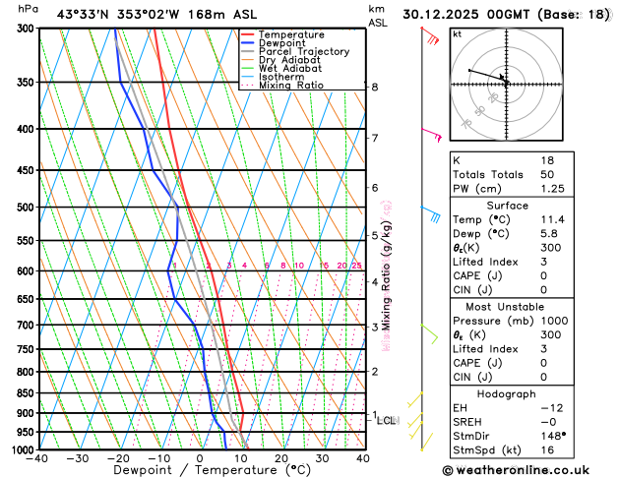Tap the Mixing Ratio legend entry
[290, 86]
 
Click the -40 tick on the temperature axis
[38, 458]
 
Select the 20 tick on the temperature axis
[281, 458]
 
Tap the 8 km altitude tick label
[375, 87]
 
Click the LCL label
[387, 421]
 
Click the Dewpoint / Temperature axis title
[201, 471]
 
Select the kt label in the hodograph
[458, 33]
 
